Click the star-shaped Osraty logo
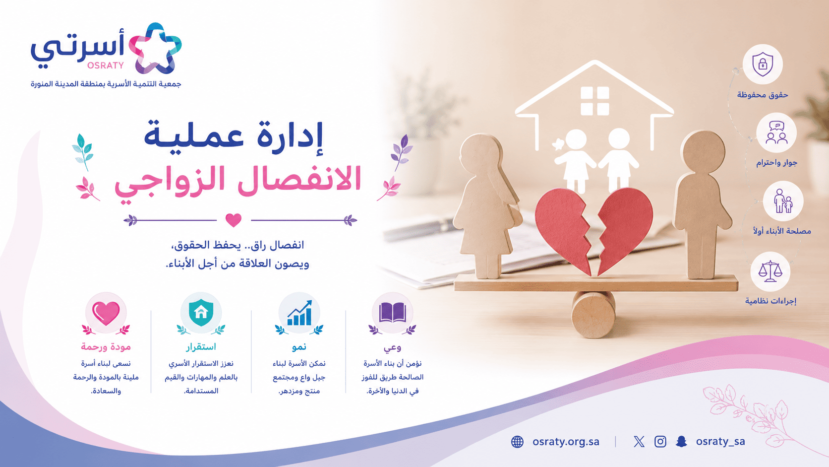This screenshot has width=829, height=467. (x=156, y=48)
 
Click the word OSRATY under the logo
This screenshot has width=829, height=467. (x=106, y=66)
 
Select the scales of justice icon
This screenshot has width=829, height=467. (x=770, y=271)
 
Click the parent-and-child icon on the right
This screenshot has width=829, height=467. (x=783, y=201)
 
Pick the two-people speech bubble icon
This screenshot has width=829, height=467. (x=776, y=132)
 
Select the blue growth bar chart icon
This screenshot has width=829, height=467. (x=299, y=313)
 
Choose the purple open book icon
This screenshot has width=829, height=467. (x=392, y=312)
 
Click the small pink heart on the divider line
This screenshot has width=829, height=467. (x=234, y=220)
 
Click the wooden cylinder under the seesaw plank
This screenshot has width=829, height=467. (x=593, y=314)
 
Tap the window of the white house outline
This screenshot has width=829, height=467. (x=595, y=101)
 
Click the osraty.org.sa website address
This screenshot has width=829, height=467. (x=566, y=442)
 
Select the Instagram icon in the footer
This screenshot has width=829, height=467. (x=660, y=442)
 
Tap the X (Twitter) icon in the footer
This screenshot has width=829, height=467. (x=639, y=442)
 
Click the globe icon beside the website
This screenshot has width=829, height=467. (x=517, y=442)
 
